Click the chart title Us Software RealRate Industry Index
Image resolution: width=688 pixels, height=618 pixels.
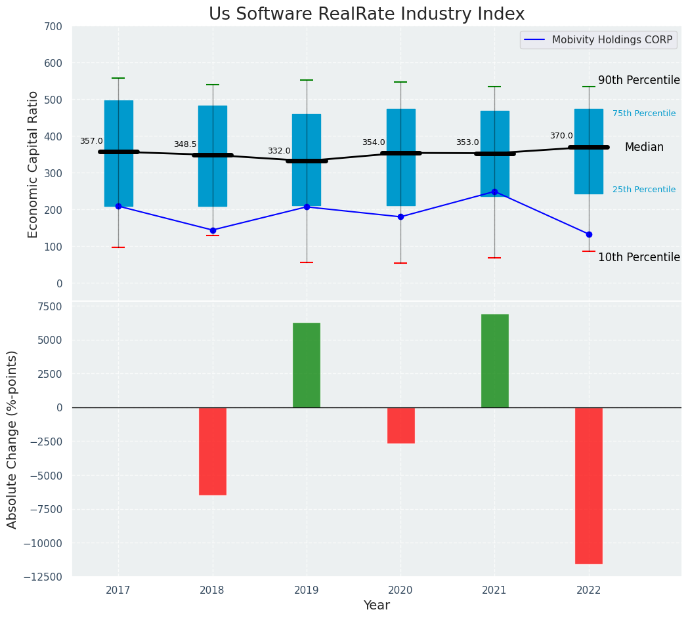click(366, 14)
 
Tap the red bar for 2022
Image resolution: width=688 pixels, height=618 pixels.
click(588, 485)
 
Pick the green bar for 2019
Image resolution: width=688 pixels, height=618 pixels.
click(307, 365)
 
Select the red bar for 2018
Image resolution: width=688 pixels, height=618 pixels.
click(213, 451)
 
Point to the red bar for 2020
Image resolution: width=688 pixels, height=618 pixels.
click(400, 425)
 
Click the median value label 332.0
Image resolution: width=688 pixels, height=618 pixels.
click(278, 151)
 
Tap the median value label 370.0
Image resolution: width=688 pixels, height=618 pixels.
click(561, 136)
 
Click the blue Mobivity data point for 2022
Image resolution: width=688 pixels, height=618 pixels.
click(589, 234)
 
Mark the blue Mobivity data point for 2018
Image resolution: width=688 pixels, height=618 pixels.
click(213, 230)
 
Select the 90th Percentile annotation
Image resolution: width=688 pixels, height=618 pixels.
click(638, 80)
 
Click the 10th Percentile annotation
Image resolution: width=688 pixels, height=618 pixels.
click(638, 257)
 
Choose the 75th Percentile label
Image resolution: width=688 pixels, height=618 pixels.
click(643, 113)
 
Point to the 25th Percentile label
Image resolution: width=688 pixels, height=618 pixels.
click(643, 190)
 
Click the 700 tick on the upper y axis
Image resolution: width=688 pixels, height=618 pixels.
click(54, 26)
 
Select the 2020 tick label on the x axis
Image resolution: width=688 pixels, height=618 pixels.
click(400, 590)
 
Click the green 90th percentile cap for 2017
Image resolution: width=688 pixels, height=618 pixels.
click(118, 78)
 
